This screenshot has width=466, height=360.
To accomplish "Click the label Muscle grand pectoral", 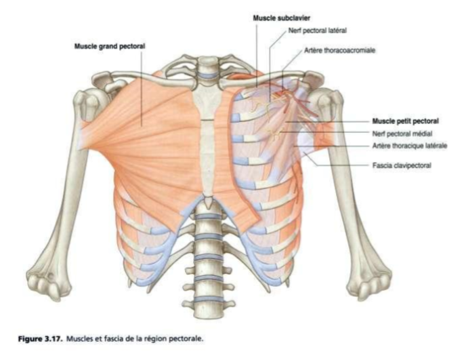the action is [110, 46].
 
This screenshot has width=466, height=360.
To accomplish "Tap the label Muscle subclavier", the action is [282, 18].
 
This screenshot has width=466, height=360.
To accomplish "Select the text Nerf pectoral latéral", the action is [318, 31].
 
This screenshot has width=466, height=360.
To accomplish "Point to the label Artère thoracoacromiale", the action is [339, 50].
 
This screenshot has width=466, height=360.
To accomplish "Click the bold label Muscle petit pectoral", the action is [405, 121].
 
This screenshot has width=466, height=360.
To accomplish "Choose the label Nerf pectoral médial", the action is [402, 134].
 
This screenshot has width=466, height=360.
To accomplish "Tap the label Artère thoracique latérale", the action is [410, 146].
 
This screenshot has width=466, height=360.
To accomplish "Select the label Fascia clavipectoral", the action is [402, 165].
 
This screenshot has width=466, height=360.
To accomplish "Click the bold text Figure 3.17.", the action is [41, 339].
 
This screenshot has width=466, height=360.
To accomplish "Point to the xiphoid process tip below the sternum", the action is [208, 202].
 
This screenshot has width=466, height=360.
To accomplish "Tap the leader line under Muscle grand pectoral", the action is [142, 87].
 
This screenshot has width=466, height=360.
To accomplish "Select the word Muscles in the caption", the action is [78, 339].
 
